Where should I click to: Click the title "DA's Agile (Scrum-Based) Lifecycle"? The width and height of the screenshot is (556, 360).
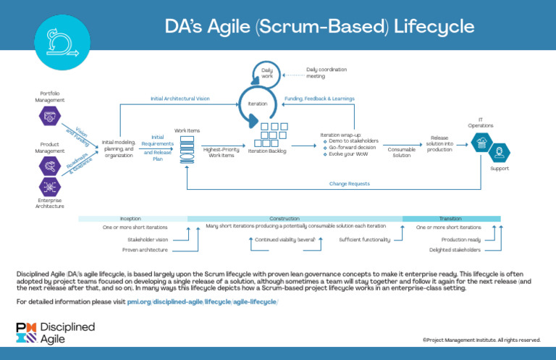319,27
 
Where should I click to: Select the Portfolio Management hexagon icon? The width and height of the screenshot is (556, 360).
50,114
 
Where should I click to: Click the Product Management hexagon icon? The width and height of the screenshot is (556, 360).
50,166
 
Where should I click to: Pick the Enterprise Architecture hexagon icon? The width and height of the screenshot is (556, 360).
50,186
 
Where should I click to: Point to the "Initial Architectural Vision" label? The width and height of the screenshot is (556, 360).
180,98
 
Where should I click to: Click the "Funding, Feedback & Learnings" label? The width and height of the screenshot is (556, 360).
319,98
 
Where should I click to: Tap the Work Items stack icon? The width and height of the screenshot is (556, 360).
187,149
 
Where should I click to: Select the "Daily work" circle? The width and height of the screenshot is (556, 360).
267,72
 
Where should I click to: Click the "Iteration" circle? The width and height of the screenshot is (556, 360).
258,104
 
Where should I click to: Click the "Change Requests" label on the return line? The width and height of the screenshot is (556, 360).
349,183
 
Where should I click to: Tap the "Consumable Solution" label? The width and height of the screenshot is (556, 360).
401,151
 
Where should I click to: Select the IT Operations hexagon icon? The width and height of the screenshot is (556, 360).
479,143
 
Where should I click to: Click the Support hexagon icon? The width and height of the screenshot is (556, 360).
499,153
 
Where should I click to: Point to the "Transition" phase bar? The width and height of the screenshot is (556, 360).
450,218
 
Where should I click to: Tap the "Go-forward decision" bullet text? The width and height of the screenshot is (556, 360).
353,146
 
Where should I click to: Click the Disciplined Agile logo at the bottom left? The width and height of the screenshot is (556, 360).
56,332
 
